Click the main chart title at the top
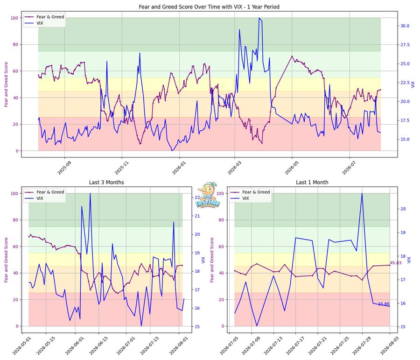(209, 7)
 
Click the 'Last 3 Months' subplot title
(106, 182)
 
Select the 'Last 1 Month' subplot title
(312, 182)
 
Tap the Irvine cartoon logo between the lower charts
(208, 195)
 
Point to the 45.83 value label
(396, 263)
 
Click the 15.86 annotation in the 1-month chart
(384, 304)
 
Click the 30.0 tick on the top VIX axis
(405, 26)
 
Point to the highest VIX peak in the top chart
(259, 18)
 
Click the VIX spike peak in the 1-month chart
(362, 193)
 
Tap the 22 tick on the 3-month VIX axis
(197, 198)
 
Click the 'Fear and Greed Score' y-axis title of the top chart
(6, 85)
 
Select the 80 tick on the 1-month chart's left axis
(220, 220)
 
